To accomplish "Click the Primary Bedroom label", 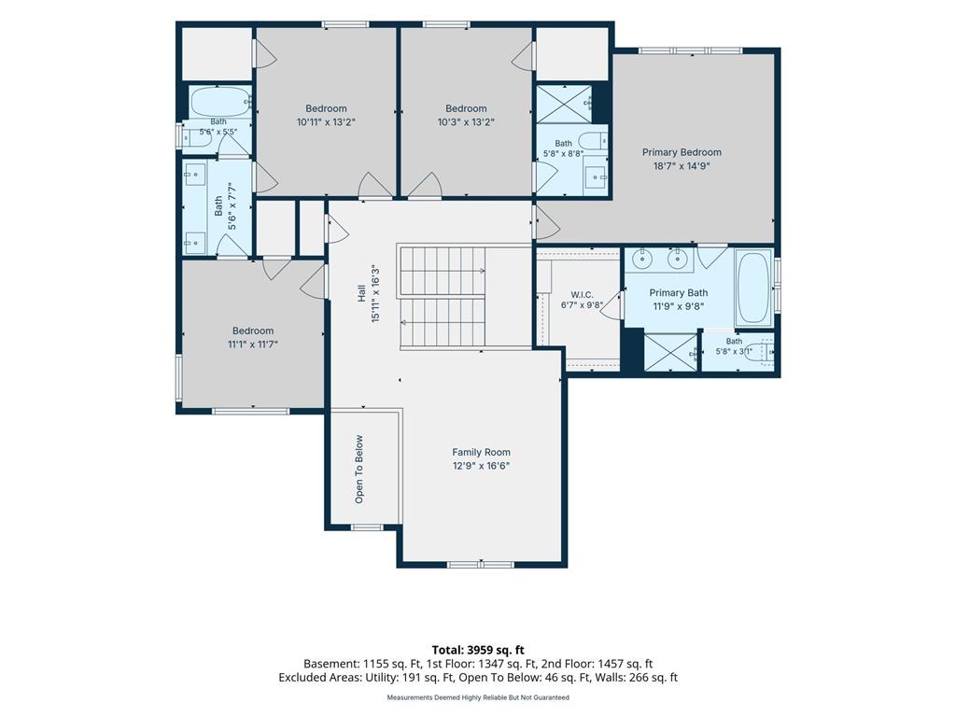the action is [x=682, y=152].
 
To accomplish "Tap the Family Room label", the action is [x=481, y=453].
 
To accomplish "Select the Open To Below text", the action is [x=359, y=470].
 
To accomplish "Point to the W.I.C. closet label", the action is [x=582, y=295].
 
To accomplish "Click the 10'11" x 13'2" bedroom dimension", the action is [x=326, y=122].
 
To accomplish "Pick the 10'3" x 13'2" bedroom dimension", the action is [x=466, y=122].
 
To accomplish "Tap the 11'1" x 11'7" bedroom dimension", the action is [x=253, y=344].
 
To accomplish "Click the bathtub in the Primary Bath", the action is [x=753, y=288].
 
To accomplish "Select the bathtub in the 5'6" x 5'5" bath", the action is [x=219, y=102].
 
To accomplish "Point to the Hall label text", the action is [x=361, y=294].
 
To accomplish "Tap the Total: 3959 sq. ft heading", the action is [x=478, y=650].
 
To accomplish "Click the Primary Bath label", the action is [x=679, y=293].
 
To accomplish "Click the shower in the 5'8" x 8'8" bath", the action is [x=564, y=104].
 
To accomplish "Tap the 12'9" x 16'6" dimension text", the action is [x=481, y=466].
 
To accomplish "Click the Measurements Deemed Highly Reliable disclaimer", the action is [x=478, y=697].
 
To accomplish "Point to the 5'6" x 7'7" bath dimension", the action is [x=232, y=206].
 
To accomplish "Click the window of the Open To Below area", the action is [x=366, y=527].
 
